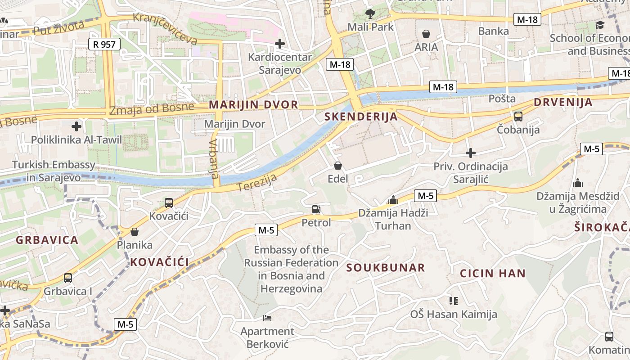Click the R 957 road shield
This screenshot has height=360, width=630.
pyautogui.click(x=104, y=44)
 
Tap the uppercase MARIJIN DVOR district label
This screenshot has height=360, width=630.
pyautogui.click(x=253, y=105)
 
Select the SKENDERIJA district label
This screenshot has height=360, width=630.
pyautogui.click(x=361, y=117)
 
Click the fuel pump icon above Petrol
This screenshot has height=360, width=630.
pyautogui.click(x=316, y=209)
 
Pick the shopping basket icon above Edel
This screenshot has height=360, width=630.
pyautogui.click(x=338, y=166)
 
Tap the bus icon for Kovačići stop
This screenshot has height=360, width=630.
pyautogui.click(x=169, y=203)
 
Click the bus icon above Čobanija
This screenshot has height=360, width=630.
pyautogui.click(x=518, y=117)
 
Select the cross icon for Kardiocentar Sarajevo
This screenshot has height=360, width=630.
pyautogui.click(x=280, y=44)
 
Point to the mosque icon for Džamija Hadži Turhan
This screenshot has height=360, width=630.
pyautogui.click(x=393, y=200)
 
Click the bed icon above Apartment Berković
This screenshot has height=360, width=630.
pyautogui.click(x=267, y=318)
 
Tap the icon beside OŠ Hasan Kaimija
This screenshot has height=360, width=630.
pyautogui.click(x=453, y=301)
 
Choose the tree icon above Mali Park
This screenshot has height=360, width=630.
pyautogui.click(x=370, y=13)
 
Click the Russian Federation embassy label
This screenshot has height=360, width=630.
pyautogui.click(x=291, y=269)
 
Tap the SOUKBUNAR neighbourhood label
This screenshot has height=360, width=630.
pyautogui.click(x=385, y=268)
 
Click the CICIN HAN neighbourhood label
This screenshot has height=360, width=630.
pyautogui.click(x=492, y=273)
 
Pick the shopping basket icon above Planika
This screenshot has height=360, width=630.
pyautogui.click(x=134, y=232)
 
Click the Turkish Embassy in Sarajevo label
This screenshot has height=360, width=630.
pyautogui.click(x=54, y=171)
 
